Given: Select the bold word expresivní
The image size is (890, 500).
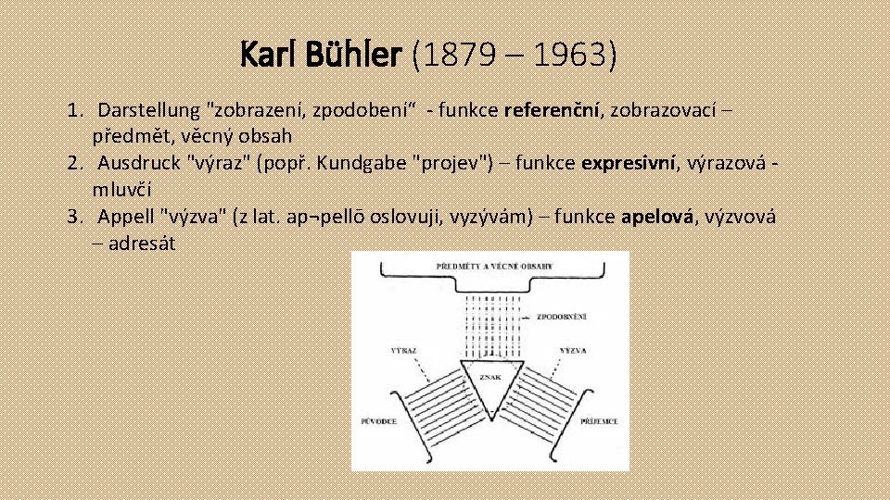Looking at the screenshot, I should coord(629,164).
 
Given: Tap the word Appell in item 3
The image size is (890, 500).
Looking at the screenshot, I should coord(126,218).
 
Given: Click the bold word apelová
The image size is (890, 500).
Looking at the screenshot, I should coord(657,218).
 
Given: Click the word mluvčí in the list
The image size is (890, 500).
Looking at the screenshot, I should coord(121,190).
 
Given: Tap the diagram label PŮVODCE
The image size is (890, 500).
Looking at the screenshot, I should coord(380,422).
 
